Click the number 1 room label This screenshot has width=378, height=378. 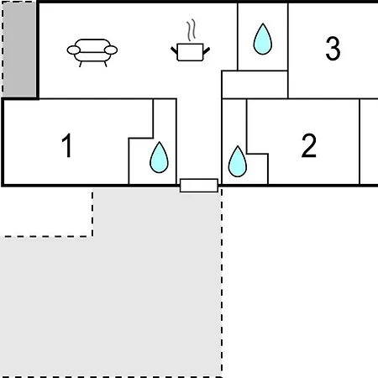coord(67,145)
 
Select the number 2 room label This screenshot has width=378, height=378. coord(309,145)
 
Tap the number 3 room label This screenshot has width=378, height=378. coord(333,49)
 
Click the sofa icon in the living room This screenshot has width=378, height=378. coord(92,53)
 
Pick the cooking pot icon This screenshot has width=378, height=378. coord(191,52)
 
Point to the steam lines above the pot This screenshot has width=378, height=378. coord(192,30)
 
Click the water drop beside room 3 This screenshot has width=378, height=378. coord(263,39)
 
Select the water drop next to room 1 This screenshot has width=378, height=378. coord(159,157)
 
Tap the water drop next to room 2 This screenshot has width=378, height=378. coord(238,161)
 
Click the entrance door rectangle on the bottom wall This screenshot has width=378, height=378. coord(199,186)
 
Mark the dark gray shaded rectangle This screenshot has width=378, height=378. coord(19,49)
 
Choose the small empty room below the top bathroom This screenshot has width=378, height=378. coord(255,85)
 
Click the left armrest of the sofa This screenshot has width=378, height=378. coord(74,50)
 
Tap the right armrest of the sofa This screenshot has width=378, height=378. coord(111,50)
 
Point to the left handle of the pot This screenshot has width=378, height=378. coord(174,51)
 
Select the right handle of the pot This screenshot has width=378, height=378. coord(207,51)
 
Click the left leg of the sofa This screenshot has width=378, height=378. coord(81,64)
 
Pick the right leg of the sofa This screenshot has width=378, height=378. coord(105,64)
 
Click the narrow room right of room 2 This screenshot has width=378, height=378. coord(369,141)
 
